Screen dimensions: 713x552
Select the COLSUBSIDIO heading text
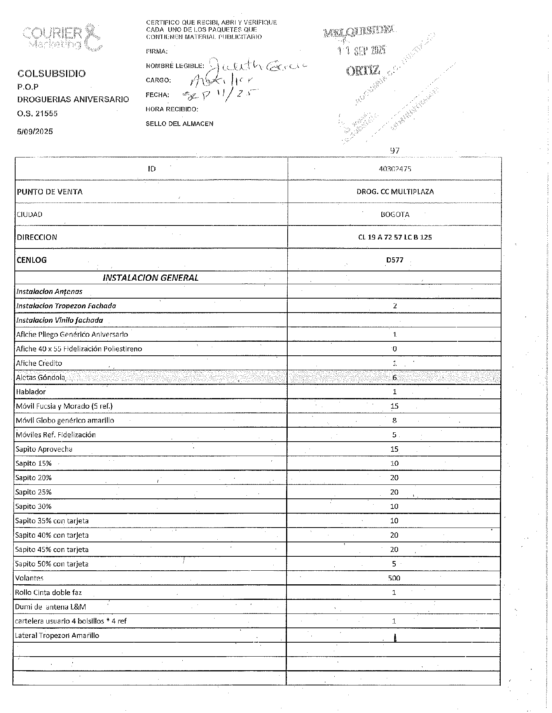tap(52, 73)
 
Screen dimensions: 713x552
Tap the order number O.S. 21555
tap(37, 114)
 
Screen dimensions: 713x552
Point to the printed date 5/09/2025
tap(35, 131)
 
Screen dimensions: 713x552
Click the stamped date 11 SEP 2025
tap(362, 50)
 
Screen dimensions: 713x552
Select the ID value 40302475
tap(395, 169)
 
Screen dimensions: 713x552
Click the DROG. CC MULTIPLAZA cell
tap(395, 192)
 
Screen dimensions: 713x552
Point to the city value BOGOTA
tap(395, 215)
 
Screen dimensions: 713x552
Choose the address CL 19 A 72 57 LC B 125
tap(395, 237)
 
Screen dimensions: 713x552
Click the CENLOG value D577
tap(395, 260)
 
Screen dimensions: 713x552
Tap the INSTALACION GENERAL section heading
tap(150, 278)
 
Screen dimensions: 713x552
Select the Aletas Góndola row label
tap(41, 377)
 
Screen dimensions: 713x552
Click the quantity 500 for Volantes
tap(394, 578)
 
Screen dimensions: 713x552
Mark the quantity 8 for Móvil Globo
tap(394, 421)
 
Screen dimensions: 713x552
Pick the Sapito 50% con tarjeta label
tap(52, 564)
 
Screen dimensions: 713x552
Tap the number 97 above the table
tap(395, 150)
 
